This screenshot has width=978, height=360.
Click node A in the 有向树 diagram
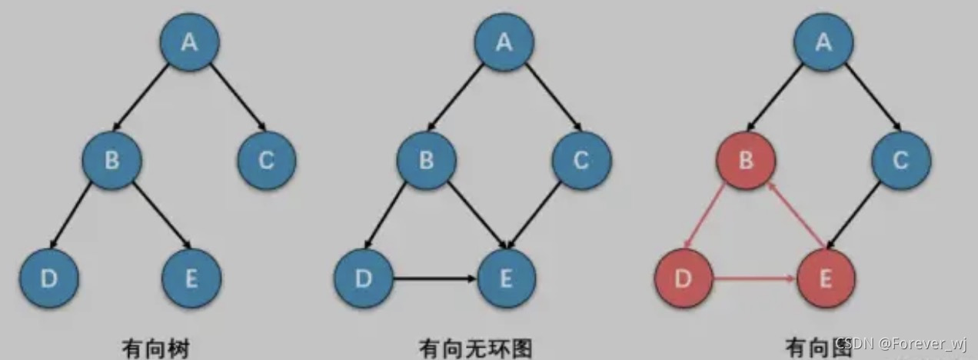click(190, 42)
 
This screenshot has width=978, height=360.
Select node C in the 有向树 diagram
click(267, 161)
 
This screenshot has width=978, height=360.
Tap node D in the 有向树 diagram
click(48, 278)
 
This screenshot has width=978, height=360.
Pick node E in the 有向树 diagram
click(191, 278)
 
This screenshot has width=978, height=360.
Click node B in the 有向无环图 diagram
click(427, 161)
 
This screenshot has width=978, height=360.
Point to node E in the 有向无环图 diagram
click(506, 278)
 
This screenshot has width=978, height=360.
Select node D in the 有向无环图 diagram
click(364, 278)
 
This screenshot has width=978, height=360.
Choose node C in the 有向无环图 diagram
click(581, 161)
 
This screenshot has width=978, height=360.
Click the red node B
click(746, 161)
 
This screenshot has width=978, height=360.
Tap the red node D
click(684, 278)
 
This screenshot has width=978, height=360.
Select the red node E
click(826, 278)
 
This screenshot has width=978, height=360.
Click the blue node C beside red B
click(900, 161)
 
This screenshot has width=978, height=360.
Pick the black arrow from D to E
click(434, 278)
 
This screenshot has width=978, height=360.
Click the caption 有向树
click(156, 348)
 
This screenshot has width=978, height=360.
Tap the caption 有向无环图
click(474, 348)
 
